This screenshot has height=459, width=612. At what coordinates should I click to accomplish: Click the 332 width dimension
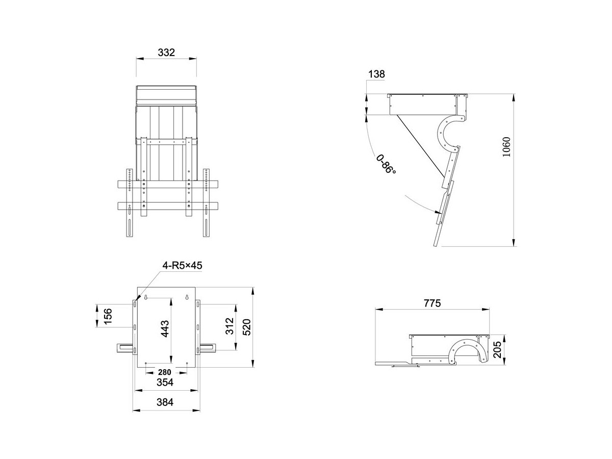click(166, 53)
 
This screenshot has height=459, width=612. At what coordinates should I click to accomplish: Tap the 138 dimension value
click(376, 74)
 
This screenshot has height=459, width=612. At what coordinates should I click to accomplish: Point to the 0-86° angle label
click(386, 164)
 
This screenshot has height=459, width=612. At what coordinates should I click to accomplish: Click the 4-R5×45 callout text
click(183, 266)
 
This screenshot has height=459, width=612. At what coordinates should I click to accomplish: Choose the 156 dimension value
click(108, 316)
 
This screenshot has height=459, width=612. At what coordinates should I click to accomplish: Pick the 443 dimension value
click(165, 329)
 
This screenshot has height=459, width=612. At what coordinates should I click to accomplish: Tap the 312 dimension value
click(229, 326)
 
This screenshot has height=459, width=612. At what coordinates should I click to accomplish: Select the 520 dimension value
click(247, 327)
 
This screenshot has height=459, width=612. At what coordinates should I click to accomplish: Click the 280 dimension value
click(165, 372)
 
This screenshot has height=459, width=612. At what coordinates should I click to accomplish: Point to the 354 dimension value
click(165, 382)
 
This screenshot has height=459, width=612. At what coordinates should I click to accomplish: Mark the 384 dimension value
click(165, 402)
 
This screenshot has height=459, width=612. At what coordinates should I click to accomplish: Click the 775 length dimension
click(432, 303)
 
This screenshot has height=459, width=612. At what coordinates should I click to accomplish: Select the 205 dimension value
click(497, 349)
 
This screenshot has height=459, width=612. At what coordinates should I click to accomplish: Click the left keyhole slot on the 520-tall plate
click(145, 297)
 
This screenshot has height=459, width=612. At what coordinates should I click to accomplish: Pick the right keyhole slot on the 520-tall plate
click(187, 297)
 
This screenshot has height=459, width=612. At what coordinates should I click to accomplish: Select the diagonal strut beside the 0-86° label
click(420, 146)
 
